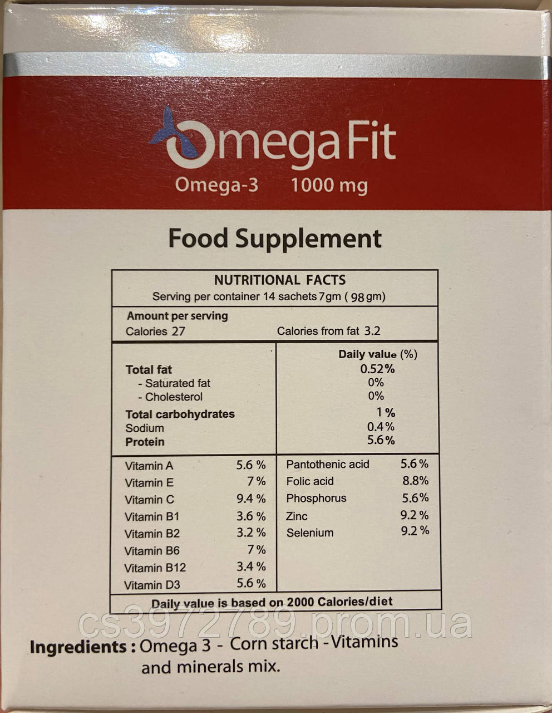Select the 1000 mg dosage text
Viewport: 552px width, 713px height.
[329, 185]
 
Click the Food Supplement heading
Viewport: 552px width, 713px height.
[275, 238]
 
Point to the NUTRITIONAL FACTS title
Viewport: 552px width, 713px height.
[280, 280]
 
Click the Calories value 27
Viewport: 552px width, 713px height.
[178, 331]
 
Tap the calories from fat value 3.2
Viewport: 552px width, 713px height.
[372, 331]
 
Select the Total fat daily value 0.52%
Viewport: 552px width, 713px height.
[377, 369]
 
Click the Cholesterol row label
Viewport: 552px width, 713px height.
[170, 397]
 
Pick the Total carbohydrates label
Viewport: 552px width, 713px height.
[180, 414]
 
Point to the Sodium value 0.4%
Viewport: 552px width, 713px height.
[381, 427]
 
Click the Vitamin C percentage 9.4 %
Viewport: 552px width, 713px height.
[251, 499]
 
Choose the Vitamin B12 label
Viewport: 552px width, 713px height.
[155, 568]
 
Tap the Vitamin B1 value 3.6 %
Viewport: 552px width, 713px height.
[251, 516]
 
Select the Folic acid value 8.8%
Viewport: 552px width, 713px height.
[415, 481]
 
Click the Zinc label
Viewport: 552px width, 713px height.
[297, 516]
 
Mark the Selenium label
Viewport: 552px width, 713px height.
[310, 533]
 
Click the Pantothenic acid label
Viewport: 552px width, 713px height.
[327, 465]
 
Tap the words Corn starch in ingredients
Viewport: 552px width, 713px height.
[274, 644]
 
